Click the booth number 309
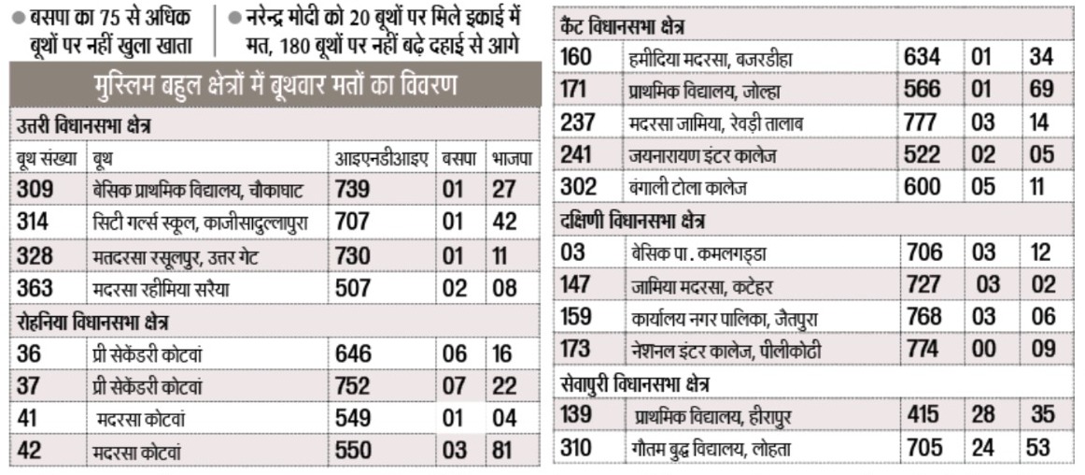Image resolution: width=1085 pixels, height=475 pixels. tap(35, 190)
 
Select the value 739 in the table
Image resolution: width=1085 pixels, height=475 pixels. tap(353, 190)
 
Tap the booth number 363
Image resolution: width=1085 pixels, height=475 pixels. tap(35, 287)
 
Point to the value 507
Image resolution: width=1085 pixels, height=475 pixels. tap(353, 287)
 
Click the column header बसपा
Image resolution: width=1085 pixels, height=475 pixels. tap(459, 159)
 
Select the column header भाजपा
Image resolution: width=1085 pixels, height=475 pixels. tap(512, 159)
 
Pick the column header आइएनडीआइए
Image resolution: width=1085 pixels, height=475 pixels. tap(380, 159)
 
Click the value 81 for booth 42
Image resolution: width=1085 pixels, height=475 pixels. tap(505, 451)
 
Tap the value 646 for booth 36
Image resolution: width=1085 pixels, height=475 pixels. tap(353, 353)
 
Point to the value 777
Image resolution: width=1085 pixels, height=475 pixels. tap(923, 122)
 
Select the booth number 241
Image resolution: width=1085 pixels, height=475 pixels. tap(578, 154)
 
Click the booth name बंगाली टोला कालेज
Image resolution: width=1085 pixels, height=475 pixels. tap(690, 188)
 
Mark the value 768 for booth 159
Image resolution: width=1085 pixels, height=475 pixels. tap(923, 317)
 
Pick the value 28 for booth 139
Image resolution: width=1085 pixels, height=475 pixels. tap(983, 413)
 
